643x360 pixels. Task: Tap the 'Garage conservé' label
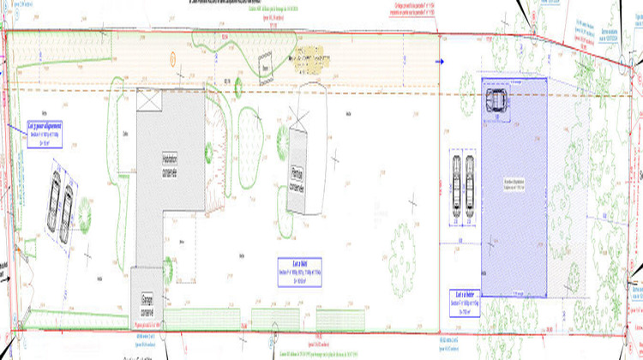[146, 303]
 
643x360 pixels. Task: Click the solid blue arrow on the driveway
[442, 62]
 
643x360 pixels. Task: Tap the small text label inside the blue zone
[512, 184]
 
